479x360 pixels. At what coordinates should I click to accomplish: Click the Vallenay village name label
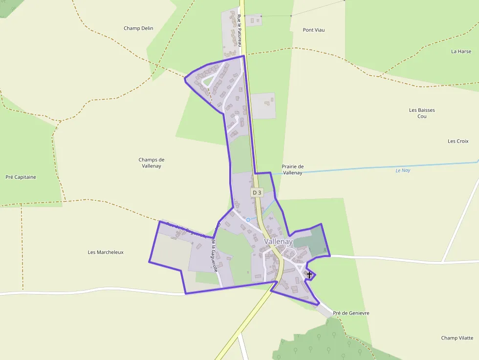pyautogui.click(x=278, y=241)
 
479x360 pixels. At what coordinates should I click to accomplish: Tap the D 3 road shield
pyautogui.click(x=257, y=193)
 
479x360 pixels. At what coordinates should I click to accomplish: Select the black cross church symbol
pyautogui.click(x=309, y=275)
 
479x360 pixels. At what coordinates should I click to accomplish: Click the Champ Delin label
pyautogui.click(x=138, y=28)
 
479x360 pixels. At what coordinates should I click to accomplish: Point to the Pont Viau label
pyautogui.click(x=314, y=30)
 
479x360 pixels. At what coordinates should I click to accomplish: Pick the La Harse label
pyautogui.click(x=461, y=51)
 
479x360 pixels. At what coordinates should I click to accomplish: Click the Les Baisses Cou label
pyautogui.click(x=422, y=113)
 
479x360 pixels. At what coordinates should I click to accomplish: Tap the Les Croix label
pyautogui.click(x=458, y=141)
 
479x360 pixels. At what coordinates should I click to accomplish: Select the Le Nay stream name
pyautogui.click(x=403, y=170)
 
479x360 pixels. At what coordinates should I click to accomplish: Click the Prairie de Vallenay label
pyautogui.click(x=293, y=169)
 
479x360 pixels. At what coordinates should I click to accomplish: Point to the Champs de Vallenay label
pyautogui.click(x=152, y=163)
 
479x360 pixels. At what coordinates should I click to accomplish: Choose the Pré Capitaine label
pyautogui.click(x=21, y=177)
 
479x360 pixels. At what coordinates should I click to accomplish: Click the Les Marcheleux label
pyautogui.click(x=106, y=252)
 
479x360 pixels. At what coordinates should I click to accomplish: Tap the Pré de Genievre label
pyautogui.click(x=351, y=313)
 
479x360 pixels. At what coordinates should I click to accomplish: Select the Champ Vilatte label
pyautogui.click(x=457, y=338)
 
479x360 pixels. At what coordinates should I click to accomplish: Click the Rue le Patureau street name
pyautogui.click(x=239, y=30)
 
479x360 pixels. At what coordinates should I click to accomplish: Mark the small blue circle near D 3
pyautogui.click(x=248, y=220)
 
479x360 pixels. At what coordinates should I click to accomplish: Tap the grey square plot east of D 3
pyautogui.click(x=263, y=106)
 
